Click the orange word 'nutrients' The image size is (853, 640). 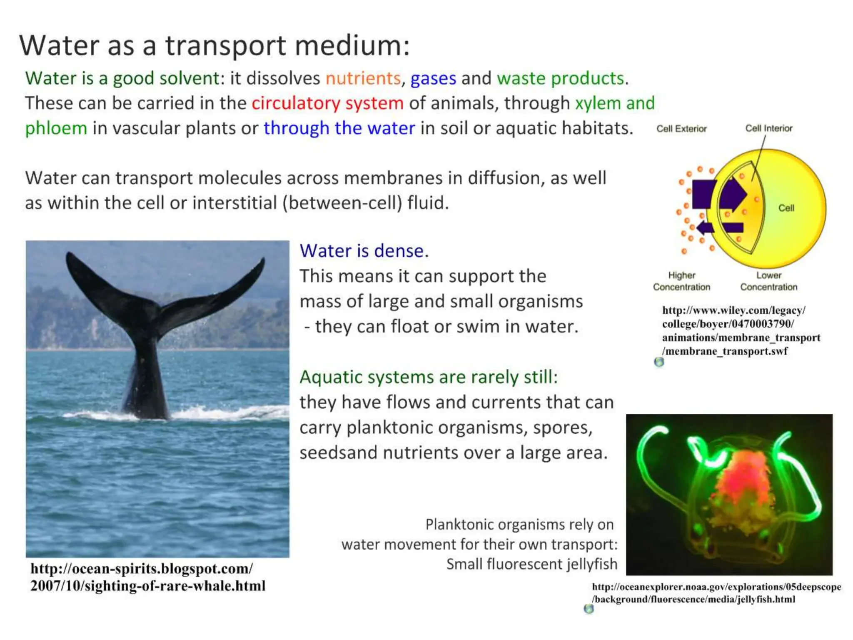click(x=363, y=78)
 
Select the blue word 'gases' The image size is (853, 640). click(x=433, y=78)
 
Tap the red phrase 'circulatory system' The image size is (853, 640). click(x=327, y=103)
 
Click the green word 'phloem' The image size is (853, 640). click(x=56, y=128)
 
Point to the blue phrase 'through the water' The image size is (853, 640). click(x=339, y=128)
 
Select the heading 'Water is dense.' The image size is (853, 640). click(x=364, y=251)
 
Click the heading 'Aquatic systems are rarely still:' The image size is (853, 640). click(x=429, y=377)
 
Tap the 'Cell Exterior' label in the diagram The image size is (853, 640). click(x=681, y=129)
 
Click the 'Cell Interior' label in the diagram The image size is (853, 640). click(x=768, y=128)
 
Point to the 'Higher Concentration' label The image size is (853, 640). click(x=681, y=281)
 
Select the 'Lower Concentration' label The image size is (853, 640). click(x=768, y=281)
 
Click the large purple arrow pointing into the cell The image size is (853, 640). click(x=725, y=194)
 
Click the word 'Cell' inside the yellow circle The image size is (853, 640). click(x=786, y=208)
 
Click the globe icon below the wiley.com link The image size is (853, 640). click(x=659, y=362)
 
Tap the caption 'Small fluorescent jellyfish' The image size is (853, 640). click(x=531, y=564)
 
